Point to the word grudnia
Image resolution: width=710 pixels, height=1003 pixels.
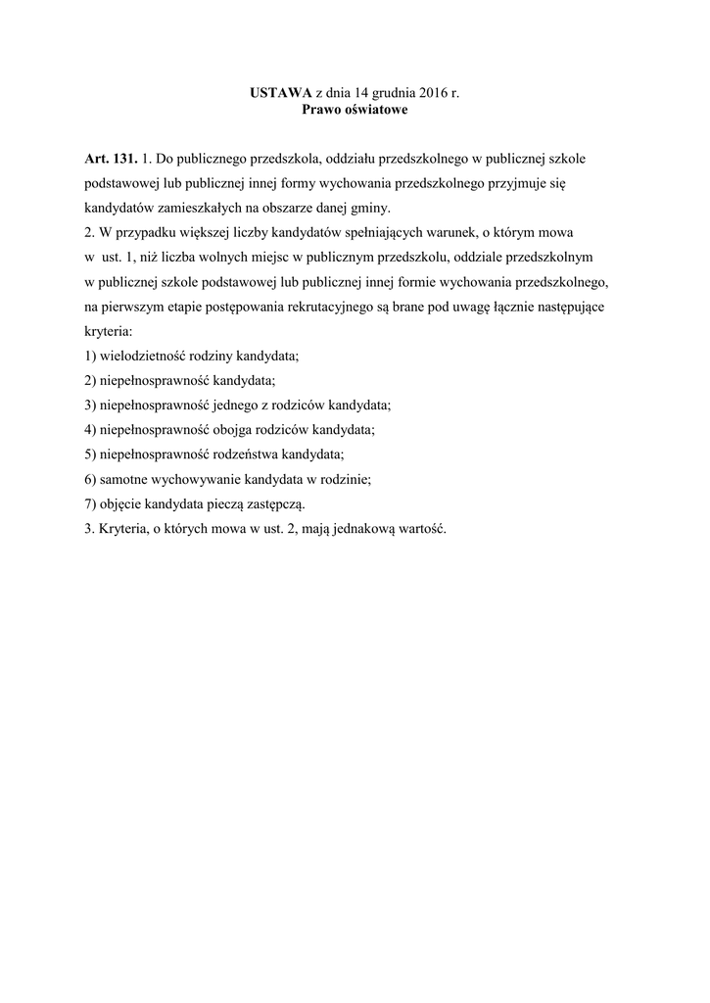tap(395, 93)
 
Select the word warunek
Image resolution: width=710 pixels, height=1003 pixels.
tap(453, 233)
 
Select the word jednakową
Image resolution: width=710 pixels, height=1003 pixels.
tap(354, 529)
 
